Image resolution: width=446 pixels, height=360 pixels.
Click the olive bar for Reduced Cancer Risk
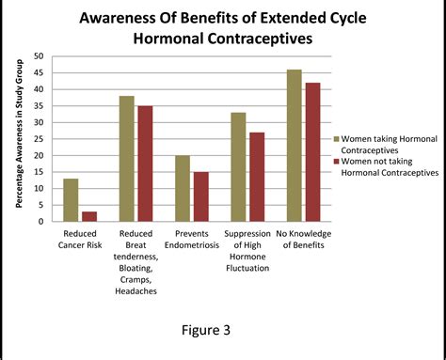(71, 200)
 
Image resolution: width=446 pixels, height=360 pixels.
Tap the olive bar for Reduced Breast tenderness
(126, 159)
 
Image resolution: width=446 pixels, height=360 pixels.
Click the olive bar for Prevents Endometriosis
(183, 188)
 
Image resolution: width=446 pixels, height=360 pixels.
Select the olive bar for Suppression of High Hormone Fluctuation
(239, 166)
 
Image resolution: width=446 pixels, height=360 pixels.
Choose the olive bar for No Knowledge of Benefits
(295, 146)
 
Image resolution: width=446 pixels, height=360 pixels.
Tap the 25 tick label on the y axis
(38, 139)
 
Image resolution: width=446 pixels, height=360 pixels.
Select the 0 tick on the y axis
(40, 222)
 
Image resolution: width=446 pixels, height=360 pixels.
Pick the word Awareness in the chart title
(131, 19)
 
